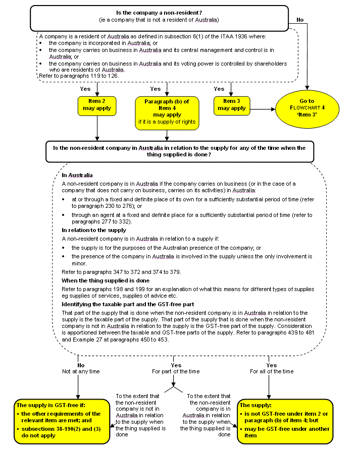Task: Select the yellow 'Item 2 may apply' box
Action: point(97,104)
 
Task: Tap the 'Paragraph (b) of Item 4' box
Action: point(167,111)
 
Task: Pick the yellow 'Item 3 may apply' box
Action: point(231,104)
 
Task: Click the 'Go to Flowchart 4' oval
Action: point(307,108)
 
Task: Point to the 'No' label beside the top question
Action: point(300,20)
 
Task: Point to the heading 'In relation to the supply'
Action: point(94,230)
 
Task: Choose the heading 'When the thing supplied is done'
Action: point(102,280)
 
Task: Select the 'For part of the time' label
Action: point(176,371)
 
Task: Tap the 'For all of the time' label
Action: point(271,371)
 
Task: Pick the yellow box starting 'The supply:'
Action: point(286,419)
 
